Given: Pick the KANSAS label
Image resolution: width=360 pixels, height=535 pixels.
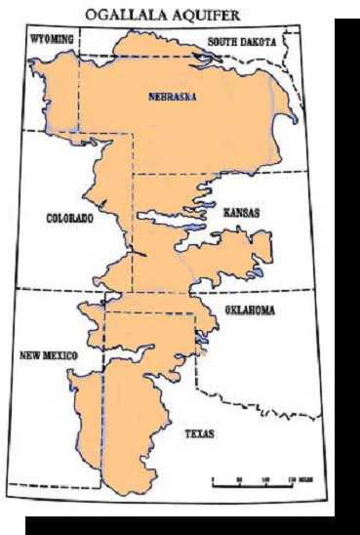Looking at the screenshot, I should tap(241, 211).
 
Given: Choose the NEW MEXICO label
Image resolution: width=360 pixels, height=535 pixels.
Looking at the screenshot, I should tap(49, 355).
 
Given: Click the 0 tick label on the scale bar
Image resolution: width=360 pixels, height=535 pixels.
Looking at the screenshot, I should tap(213, 479).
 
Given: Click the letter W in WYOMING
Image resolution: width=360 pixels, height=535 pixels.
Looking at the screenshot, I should tap(34, 42).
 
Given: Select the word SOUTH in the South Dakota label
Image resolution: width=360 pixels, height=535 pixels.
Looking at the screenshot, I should tap(223, 43).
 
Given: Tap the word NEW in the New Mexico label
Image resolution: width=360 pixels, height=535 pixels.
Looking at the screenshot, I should tap(29, 355).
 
